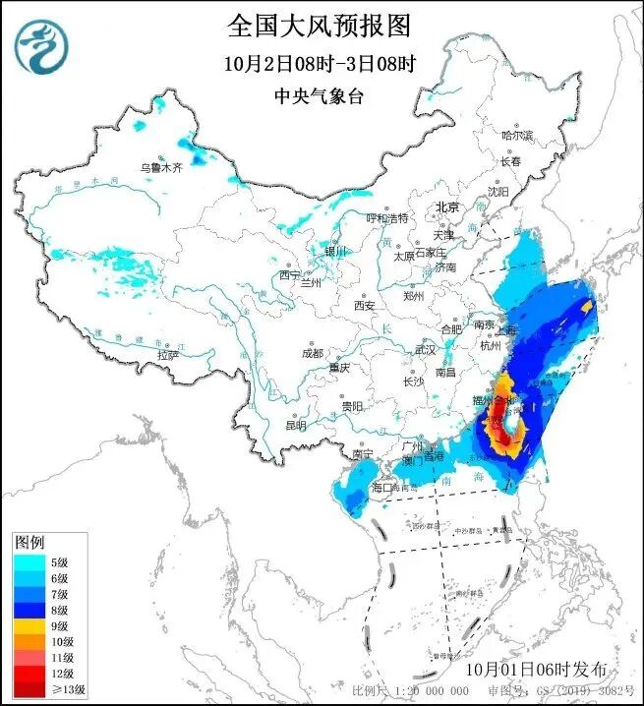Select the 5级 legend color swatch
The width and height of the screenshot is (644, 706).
(28, 561)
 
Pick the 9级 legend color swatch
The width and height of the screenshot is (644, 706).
(28, 625)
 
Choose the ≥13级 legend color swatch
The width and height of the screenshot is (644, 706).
(28, 689)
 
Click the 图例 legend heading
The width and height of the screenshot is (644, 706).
(29, 543)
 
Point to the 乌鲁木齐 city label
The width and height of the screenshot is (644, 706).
(159, 168)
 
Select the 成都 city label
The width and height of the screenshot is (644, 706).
(312, 352)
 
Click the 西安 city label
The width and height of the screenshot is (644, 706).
(364, 306)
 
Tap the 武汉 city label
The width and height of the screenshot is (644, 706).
(425, 349)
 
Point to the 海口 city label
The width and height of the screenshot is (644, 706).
(382, 487)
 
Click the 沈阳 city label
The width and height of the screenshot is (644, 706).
(500, 192)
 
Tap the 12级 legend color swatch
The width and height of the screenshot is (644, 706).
(28, 674)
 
